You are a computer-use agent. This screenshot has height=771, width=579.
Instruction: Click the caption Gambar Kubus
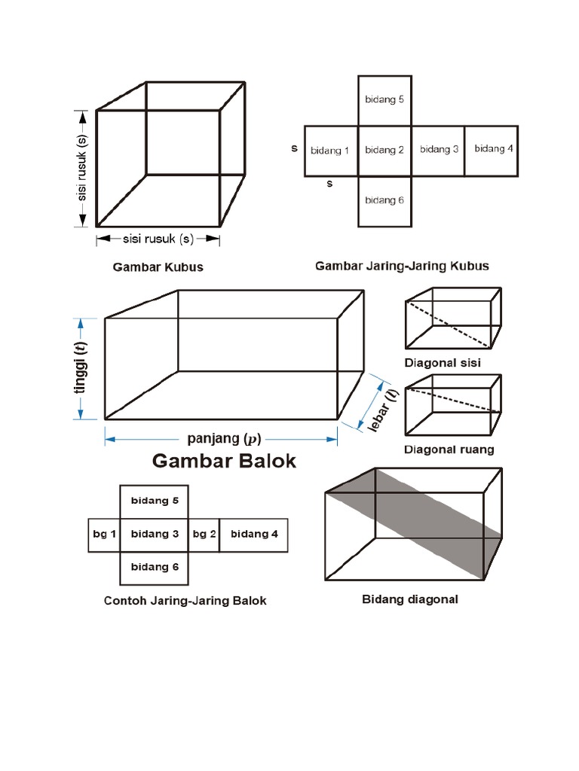pos(158,267)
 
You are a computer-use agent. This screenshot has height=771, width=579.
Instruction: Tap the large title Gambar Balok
pos(224,461)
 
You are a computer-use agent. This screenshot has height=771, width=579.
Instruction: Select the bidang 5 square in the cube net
pos(384,99)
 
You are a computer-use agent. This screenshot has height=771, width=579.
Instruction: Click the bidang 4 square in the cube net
pos(493,149)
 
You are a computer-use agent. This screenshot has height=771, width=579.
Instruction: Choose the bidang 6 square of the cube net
pos(384,200)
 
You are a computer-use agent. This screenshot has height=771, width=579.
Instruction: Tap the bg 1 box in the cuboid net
pos(104,535)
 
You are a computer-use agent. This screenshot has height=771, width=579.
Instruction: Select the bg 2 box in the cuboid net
pos(204,535)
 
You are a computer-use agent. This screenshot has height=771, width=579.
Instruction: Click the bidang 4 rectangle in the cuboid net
pos(254,535)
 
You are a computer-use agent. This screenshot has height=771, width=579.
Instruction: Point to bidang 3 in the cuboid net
pos(155,535)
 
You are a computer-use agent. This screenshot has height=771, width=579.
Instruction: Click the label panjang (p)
pos(224,439)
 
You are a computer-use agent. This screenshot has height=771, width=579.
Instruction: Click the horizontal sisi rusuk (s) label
pos(158,239)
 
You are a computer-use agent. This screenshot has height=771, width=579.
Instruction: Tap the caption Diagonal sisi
pos(443,363)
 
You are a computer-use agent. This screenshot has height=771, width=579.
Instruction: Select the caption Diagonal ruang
pos(449,450)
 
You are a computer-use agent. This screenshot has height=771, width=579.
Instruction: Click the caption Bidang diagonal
pos(410,600)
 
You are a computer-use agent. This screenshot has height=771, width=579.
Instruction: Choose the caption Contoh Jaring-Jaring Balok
pos(185,602)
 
